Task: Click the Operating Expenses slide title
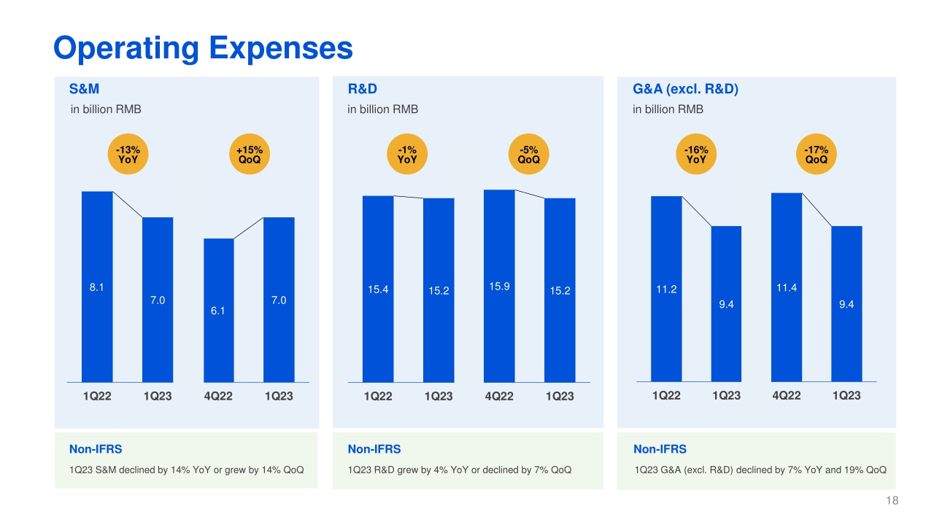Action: click(x=203, y=48)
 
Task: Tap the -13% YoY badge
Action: click(x=128, y=155)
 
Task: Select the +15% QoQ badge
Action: click(x=249, y=155)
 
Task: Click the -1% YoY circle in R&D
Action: click(x=407, y=155)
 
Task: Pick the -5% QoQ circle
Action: click(x=528, y=155)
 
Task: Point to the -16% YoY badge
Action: click(x=695, y=155)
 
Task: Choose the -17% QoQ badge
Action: click(x=816, y=155)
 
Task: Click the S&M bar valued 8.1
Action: click(x=97, y=287)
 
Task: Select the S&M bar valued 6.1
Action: click(x=219, y=310)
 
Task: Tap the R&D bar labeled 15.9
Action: click(x=499, y=286)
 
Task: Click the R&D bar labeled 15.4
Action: click(x=378, y=289)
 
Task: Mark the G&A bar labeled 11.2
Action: click(x=666, y=289)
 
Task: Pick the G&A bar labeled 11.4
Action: click(x=787, y=287)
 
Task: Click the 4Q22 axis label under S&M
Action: click(x=218, y=396)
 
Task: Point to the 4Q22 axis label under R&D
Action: click(x=499, y=396)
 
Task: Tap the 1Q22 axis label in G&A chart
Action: click(x=666, y=395)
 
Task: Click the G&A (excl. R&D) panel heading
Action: click(x=686, y=89)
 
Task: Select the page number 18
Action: click(x=892, y=500)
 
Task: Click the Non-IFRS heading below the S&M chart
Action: click(x=96, y=449)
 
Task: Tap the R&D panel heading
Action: click(x=363, y=89)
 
